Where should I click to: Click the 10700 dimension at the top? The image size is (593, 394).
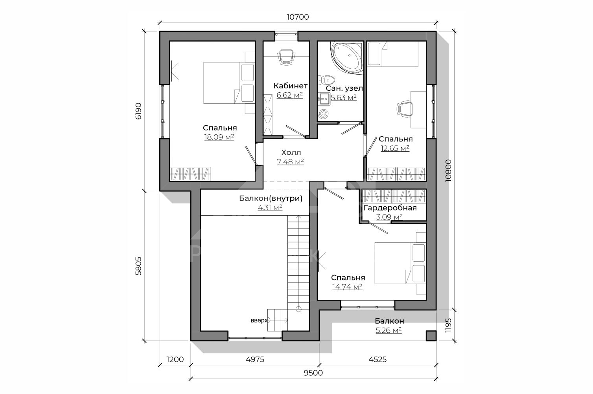click(x=298, y=17)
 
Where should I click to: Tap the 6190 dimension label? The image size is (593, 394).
click(x=139, y=111)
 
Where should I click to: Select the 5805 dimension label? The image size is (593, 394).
click(x=139, y=266)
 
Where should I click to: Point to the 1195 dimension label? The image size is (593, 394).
click(x=448, y=325)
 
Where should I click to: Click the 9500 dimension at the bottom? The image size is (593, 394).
click(x=313, y=373)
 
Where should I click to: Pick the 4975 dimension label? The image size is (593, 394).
click(x=255, y=359)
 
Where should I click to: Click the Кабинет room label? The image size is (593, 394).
click(x=291, y=86)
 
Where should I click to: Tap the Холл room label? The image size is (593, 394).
click(x=291, y=152)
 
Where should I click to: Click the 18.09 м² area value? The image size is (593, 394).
click(x=219, y=137)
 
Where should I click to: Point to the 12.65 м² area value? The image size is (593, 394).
click(x=395, y=148)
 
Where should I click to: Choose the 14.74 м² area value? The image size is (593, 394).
click(x=347, y=287)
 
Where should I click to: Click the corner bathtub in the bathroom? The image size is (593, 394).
click(x=347, y=57)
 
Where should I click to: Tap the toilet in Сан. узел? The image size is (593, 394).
click(x=326, y=79)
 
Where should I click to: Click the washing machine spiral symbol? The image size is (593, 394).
click(x=323, y=114)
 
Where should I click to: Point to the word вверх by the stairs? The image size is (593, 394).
click(x=259, y=321)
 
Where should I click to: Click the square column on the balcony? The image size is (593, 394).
click(x=431, y=336)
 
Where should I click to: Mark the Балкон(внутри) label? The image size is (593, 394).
click(x=271, y=199)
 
